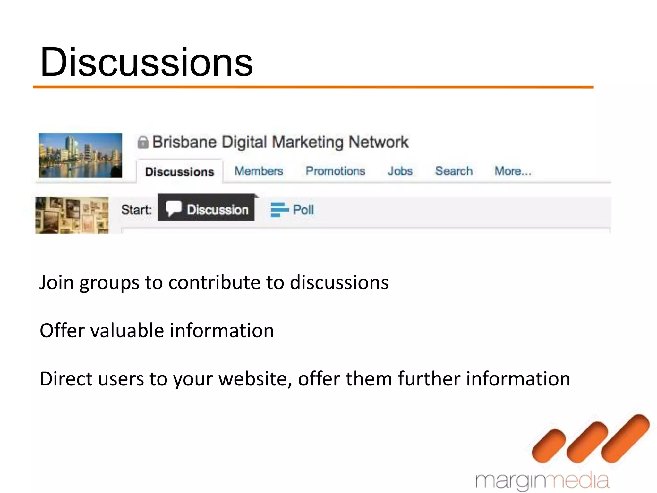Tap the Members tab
click(x=259, y=171)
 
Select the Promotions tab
click(x=335, y=171)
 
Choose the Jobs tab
click(x=400, y=171)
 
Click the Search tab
click(x=454, y=171)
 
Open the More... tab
click(x=513, y=171)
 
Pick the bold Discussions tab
click(x=179, y=172)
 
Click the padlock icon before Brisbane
click(x=143, y=142)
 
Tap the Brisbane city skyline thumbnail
click(x=81, y=155)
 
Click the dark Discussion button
click(x=206, y=210)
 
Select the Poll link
click(x=303, y=210)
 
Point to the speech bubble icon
click(x=174, y=209)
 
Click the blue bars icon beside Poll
click(x=279, y=210)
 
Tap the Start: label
click(x=136, y=210)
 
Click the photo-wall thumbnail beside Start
click(x=72, y=215)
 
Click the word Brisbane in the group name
click(x=184, y=142)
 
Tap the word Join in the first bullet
click(x=56, y=282)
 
